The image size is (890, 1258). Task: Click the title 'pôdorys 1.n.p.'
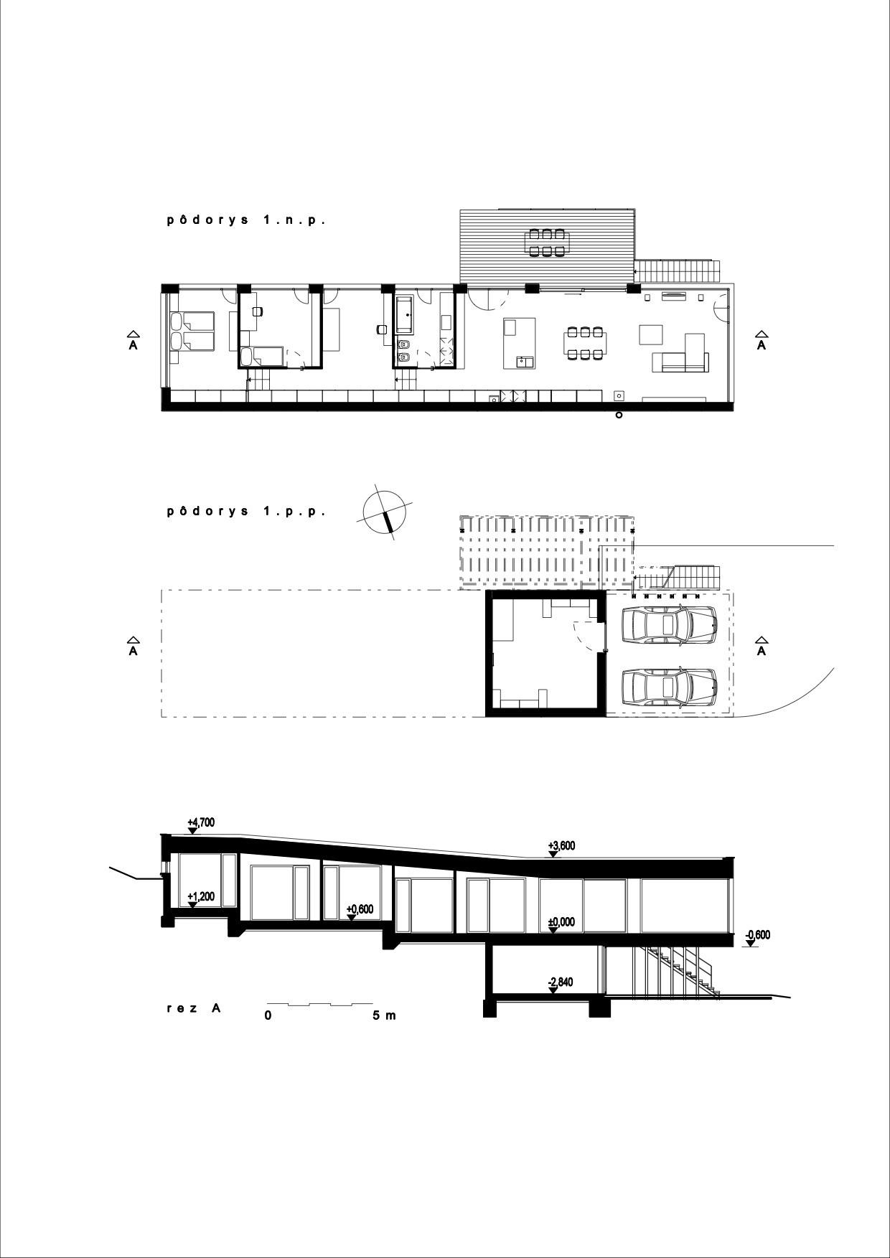click(246, 221)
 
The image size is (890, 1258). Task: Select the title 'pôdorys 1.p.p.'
click(246, 512)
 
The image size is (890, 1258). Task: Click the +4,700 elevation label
click(200, 822)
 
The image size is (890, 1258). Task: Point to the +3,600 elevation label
click(561, 846)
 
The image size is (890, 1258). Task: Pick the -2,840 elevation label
click(561, 982)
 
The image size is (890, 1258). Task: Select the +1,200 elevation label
click(200, 897)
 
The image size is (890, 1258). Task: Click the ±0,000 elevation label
click(561, 922)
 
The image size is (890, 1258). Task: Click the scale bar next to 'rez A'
click(320, 1003)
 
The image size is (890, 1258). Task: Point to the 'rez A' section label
click(193, 1008)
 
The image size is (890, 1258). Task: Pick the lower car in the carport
click(669, 687)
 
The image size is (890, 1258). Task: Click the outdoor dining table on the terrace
click(548, 242)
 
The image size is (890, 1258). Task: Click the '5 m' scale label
click(385, 1015)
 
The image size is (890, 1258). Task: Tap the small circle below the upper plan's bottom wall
click(619, 415)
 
